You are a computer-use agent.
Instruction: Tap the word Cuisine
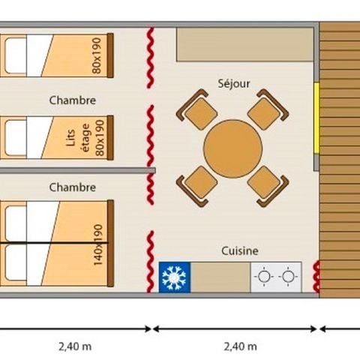pyautogui.click(x=239, y=251)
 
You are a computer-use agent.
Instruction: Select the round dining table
pyautogui.click(x=232, y=148)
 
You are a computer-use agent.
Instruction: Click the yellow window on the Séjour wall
pyautogui.click(x=316, y=106)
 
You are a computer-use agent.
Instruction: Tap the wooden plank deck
pyautogui.click(x=339, y=157)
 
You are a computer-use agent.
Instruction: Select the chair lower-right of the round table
pyautogui.click(x=266, y=184)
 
